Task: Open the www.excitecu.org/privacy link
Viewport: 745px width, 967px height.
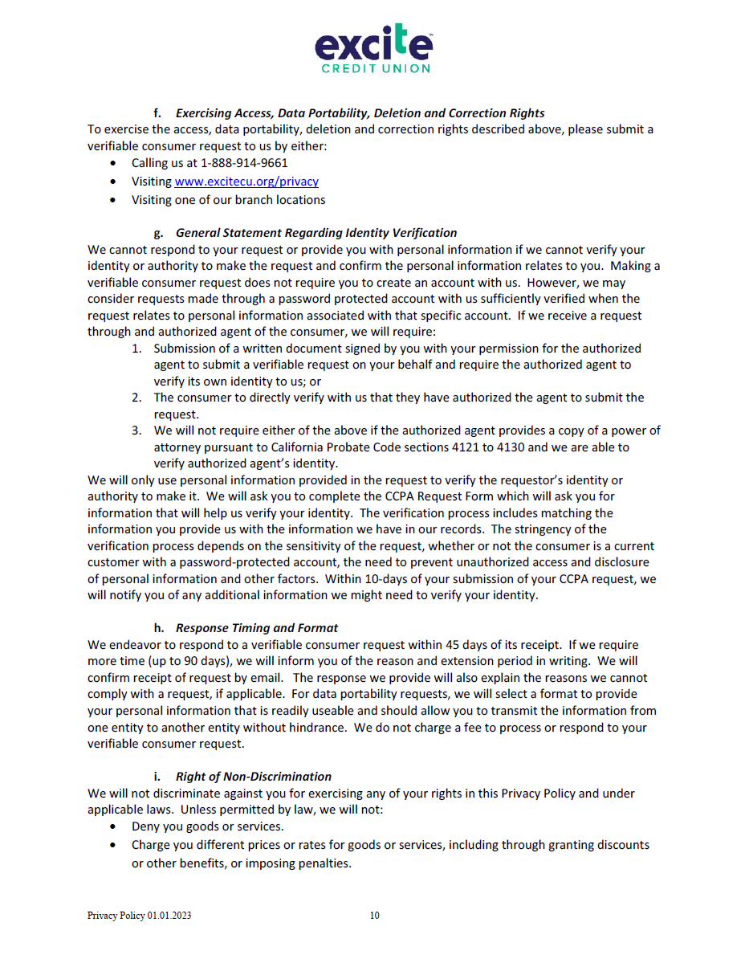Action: [246, 182]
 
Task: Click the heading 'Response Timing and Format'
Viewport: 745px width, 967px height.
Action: [257, 628]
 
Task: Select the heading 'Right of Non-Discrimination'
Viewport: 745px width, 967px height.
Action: [254, 777]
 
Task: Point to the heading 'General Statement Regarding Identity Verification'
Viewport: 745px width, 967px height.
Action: [316, 233]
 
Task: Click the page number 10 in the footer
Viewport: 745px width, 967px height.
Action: [375, 916]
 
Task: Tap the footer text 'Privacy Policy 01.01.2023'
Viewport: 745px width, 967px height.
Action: [140, 916]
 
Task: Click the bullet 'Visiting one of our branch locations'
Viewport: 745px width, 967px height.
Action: [229, 200]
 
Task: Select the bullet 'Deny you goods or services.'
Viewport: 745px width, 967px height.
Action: [208, 826]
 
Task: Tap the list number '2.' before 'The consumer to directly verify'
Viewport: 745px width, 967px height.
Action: [137, 398]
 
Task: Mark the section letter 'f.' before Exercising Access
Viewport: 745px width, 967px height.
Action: [158, 113]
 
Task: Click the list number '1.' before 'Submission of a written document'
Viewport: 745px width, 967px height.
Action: [137, 349]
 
